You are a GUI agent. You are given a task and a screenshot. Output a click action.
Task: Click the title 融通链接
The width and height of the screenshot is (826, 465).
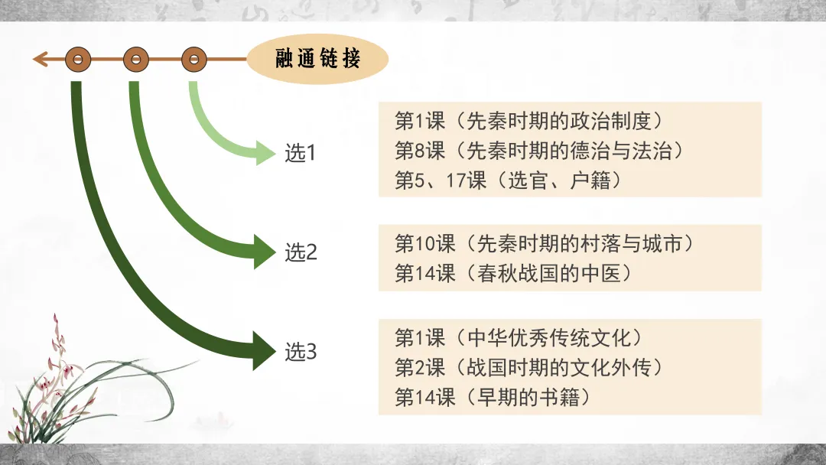click(x=317, y=58)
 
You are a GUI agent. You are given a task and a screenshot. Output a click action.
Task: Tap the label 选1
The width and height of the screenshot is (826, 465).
click(x=301, y=153)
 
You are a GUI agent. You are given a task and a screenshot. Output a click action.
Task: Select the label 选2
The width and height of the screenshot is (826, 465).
click(x=301, y=252)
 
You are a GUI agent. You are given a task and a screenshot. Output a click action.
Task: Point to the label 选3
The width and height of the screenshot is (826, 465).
click(x=301, y=353)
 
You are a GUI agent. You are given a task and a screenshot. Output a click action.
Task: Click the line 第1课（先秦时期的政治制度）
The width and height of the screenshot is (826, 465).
click(x=528, y=120)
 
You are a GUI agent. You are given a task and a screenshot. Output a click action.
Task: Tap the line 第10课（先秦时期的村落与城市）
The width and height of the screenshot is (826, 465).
click(x=548, y=243)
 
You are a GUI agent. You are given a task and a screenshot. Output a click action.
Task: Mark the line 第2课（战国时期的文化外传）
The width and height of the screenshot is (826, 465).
click(x=528, y=367)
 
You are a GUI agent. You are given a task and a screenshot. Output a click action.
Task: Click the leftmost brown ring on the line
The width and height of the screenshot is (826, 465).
click(x=78, y=59)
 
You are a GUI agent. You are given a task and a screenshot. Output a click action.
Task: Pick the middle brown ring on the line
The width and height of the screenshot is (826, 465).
click(x=136, y=59)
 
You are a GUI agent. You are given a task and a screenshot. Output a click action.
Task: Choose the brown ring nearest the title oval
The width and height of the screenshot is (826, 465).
click(x=194, y=59)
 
